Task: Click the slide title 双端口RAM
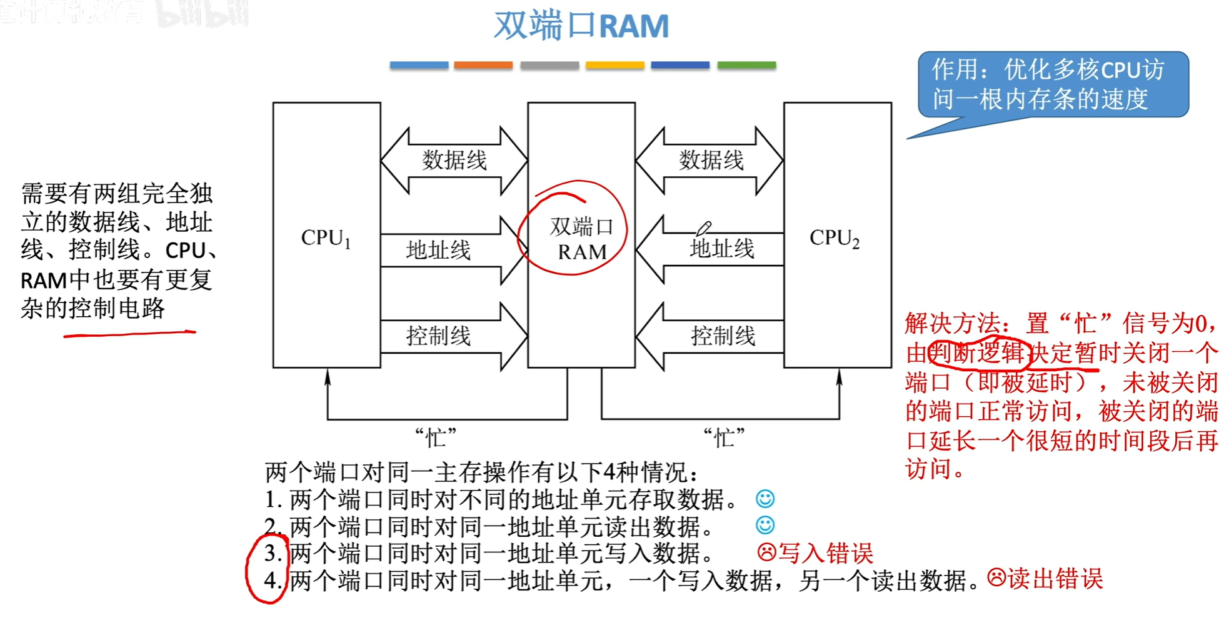[581, 26]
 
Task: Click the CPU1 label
[326, 238]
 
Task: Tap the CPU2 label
[835, 238]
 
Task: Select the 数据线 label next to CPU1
[454, 160]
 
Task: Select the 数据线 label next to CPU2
[711, 160]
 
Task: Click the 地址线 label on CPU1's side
[438, 250]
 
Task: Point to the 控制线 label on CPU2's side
[723, 336]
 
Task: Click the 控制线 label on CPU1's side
[438, 336]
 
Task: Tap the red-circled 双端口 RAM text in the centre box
[581, 239]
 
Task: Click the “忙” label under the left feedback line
[436, 437]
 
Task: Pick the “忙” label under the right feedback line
[724, 437]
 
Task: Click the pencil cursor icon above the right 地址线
[703, 229]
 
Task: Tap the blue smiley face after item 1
[765, 499]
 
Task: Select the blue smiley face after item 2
[765, 525]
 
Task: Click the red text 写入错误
[825, 553]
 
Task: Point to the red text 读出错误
[1055, 579]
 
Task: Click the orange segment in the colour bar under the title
[483, 65]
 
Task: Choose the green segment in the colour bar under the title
[746, 65]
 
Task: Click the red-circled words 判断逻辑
[977, 353]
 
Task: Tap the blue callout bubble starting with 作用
[1053, 84]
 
